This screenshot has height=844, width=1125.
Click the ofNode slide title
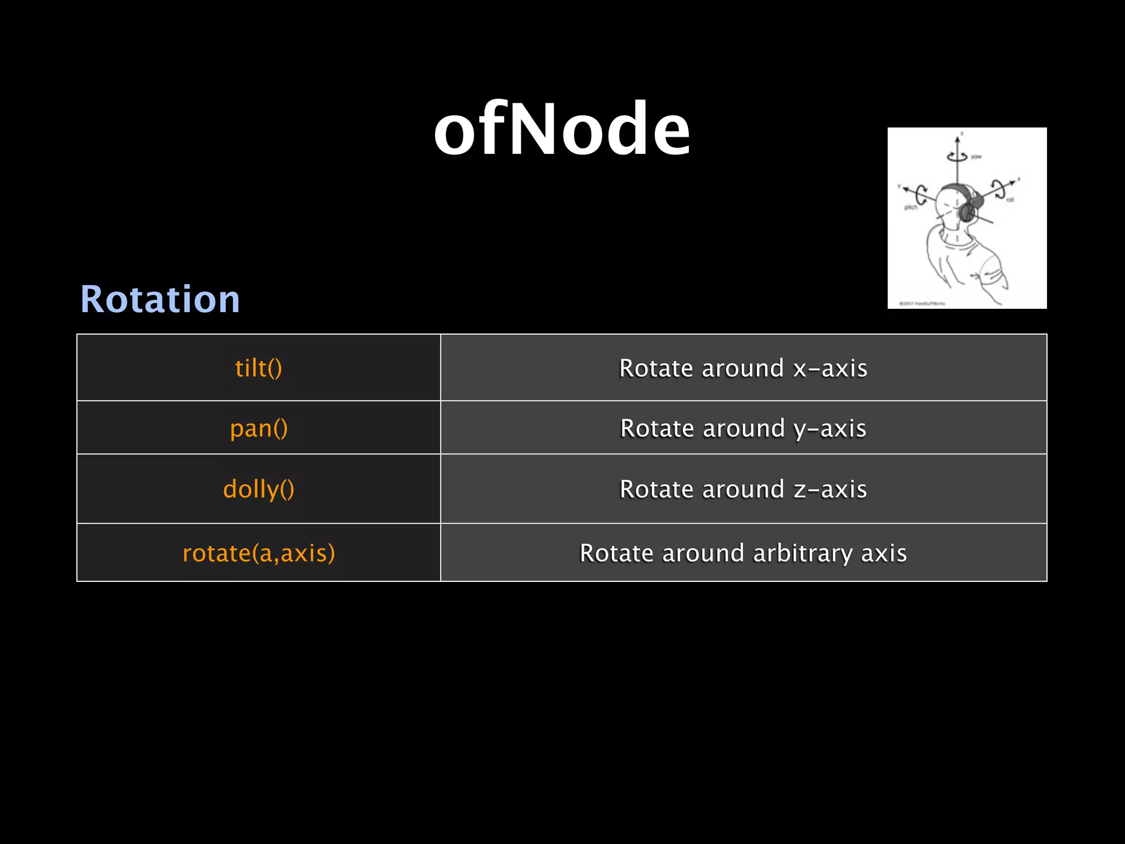coord(561,130)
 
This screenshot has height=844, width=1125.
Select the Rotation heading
coord(160,299)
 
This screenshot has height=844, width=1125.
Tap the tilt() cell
coord(258,368)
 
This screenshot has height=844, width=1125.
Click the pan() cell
coord(258,428)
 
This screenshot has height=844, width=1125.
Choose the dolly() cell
coord(258,489)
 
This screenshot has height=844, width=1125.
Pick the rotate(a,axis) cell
coord(258,553)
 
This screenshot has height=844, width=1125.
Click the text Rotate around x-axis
coord(743,368)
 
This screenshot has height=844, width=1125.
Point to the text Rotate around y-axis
coord(743,428)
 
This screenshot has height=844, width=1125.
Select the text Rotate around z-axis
coord(743,489)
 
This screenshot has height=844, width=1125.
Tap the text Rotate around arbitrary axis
coord(743,553)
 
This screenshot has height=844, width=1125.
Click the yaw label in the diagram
coord(976,157)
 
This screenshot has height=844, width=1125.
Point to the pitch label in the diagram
coord(911,207)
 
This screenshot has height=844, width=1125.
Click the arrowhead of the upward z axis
coord(957,141)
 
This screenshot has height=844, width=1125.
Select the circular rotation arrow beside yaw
coord(957,157)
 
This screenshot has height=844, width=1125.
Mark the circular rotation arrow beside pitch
coord(921,194)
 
